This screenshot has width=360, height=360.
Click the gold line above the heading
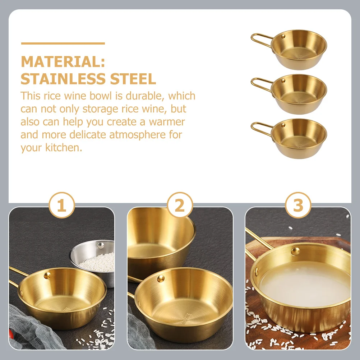pos(63,43)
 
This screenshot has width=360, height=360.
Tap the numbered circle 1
pos(62,206)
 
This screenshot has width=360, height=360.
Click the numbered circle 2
pos(180,206)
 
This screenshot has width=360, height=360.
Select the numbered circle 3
pos(298,206)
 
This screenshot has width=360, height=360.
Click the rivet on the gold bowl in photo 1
pos(47,276)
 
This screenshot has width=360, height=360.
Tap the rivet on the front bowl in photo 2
pos(161,278)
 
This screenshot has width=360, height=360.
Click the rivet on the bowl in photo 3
pos(295,251)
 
